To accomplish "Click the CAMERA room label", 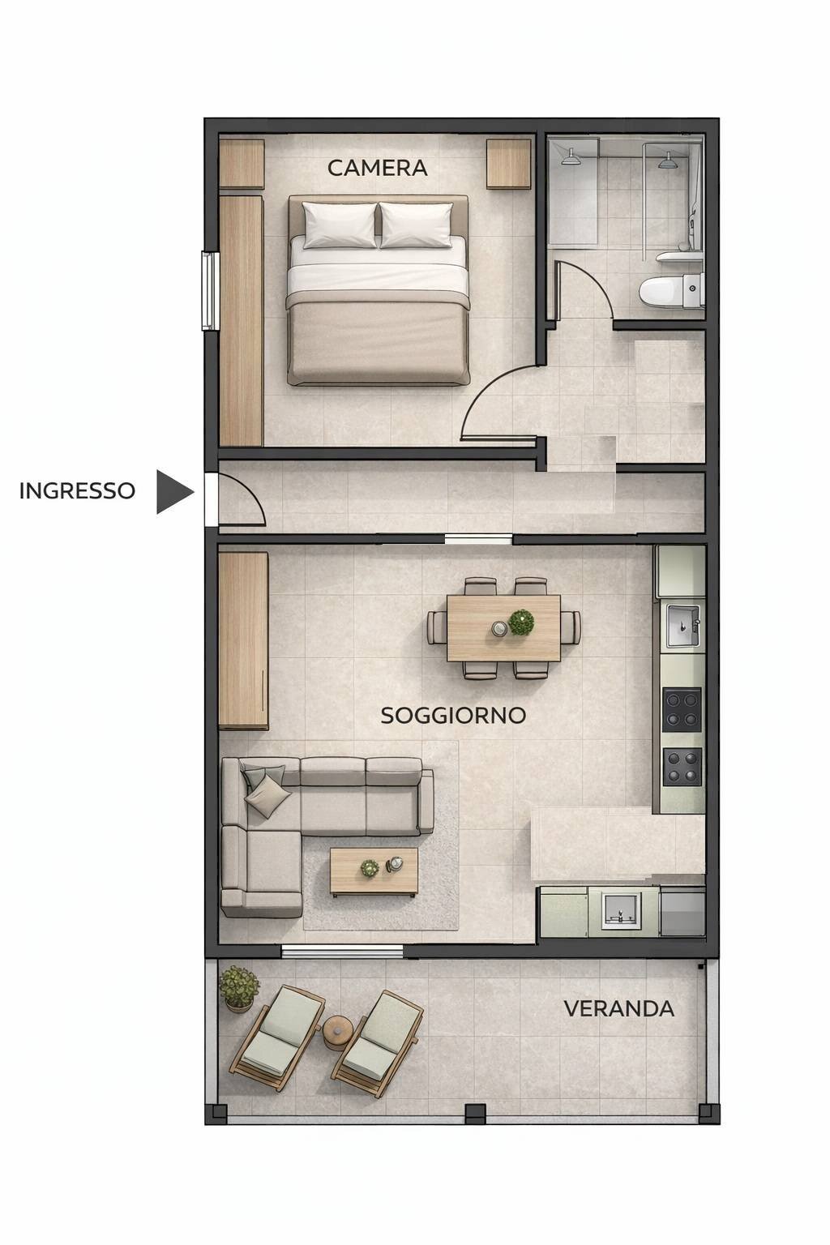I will click(x=377, y=168).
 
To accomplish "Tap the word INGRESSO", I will click(x=77, y=490).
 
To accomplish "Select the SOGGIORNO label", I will click(x=453, y=715).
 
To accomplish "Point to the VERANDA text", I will click(x=618, y=1008).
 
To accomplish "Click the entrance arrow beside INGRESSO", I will click(x=173, y=491).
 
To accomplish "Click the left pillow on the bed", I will click(x=340, y=225).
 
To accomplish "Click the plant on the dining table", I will click(x=521, y=622).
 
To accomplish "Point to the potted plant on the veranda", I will click(x=238, y=986).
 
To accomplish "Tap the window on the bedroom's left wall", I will click(x=210, y=290).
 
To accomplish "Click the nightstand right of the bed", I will click(x=509, y=165).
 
